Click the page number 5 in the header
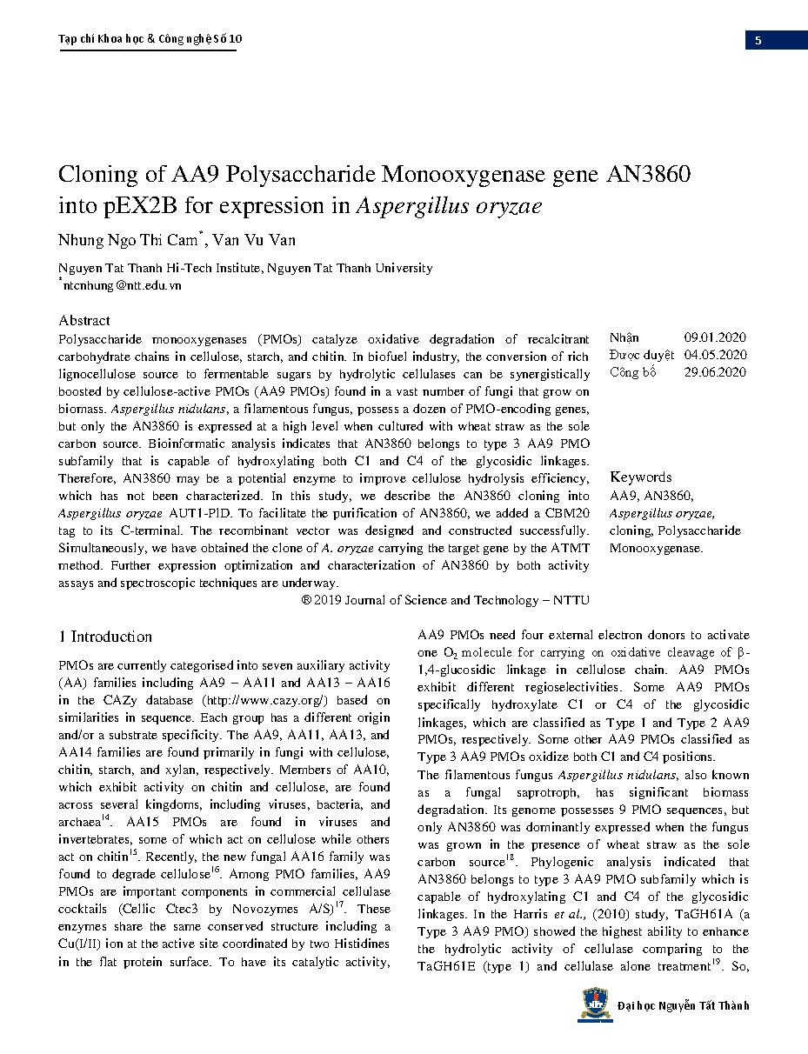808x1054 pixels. coord(758,40)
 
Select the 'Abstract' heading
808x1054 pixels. coord(84,320)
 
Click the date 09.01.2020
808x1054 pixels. coord(715,337)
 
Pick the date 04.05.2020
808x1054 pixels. coord(715,355)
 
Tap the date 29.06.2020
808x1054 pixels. coord(715,372)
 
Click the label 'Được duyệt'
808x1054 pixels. coord(642,355)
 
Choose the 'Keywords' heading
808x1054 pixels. coord(641,477)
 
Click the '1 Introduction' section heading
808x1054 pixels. coord(105,637)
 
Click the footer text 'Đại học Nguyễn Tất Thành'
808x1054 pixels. coord(683,1006)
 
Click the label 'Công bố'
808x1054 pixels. coord(633,372)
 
